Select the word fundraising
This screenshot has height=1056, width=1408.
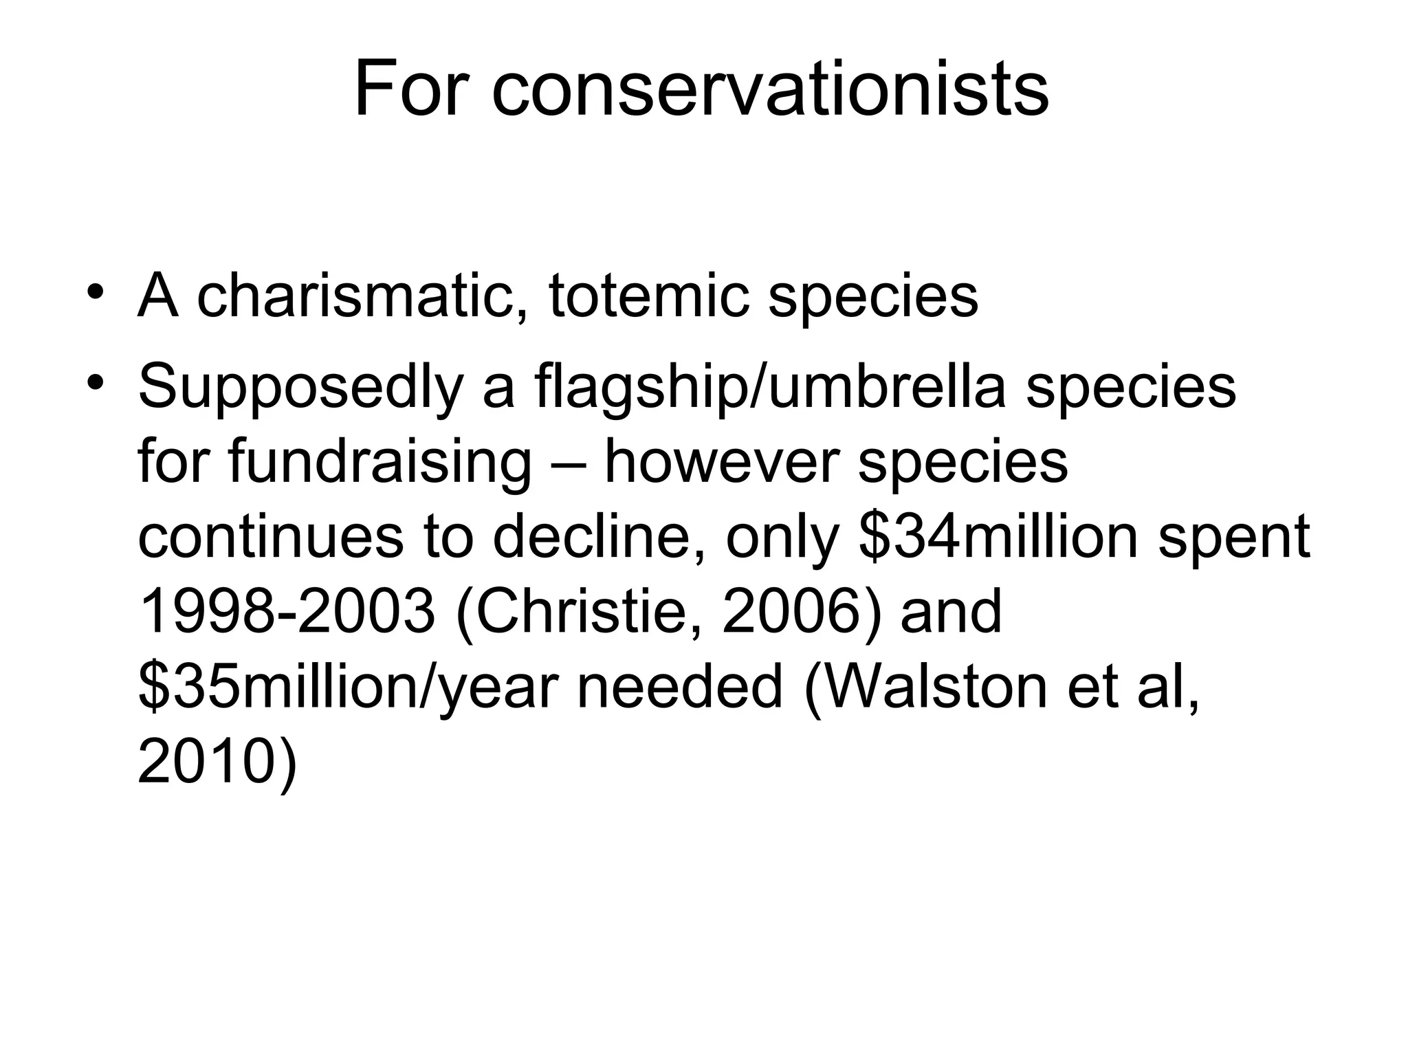pos(379,463)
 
